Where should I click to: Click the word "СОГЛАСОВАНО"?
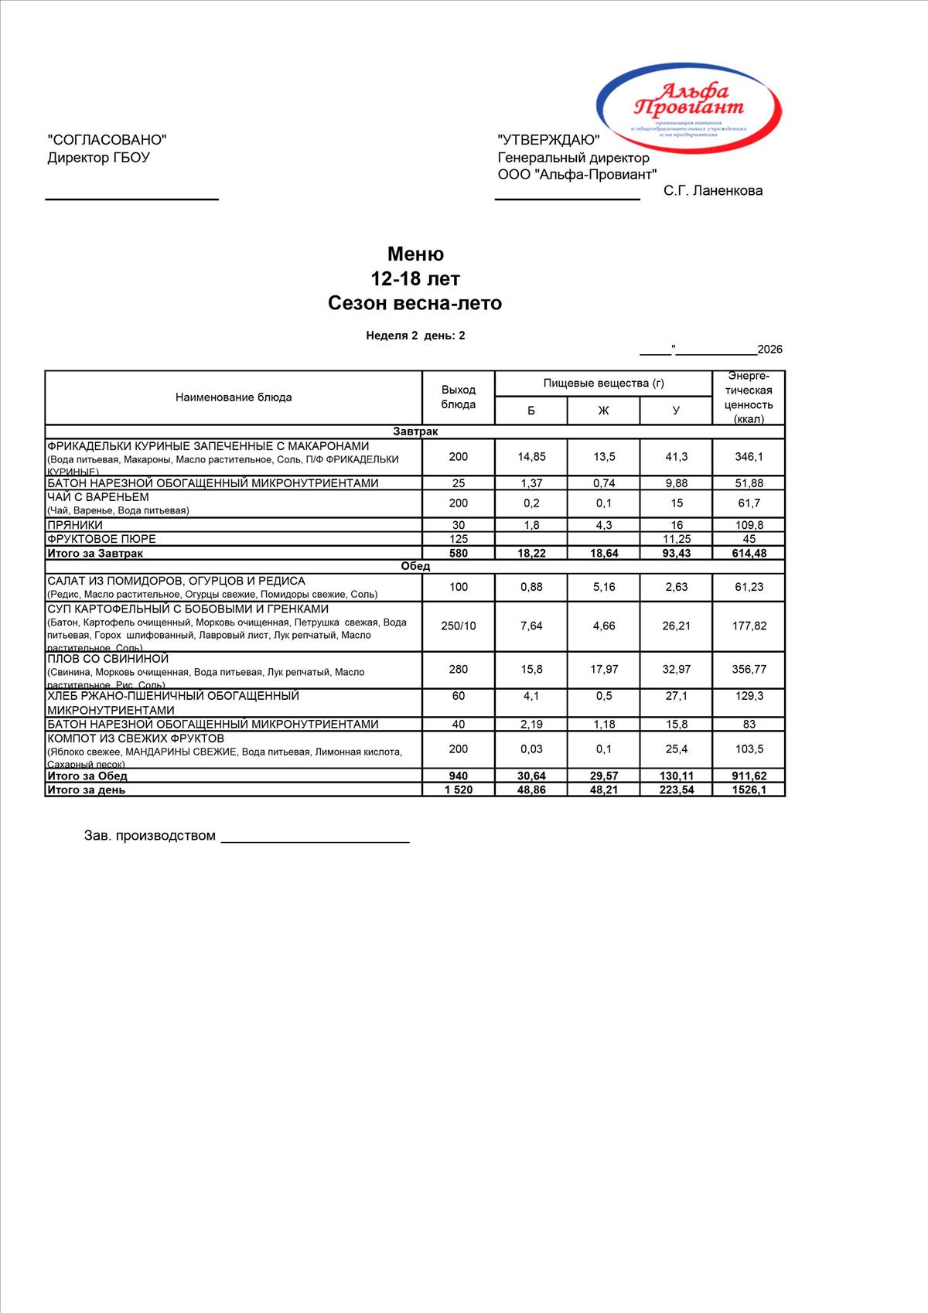[107, 140]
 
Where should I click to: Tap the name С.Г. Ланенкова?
[712, 191]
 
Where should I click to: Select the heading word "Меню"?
[415, 254]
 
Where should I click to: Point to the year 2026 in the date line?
[769, 350]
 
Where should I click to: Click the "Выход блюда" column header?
[458, 397]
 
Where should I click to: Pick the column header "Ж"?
[603, 411]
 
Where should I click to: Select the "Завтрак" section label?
[415, 431]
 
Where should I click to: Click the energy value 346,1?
[749, 457]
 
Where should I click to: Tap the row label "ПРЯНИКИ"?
[75, 525]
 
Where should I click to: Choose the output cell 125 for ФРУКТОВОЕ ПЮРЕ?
[458, 539]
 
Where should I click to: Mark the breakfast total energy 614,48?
[749, 554]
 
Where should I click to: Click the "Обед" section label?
[415, 566]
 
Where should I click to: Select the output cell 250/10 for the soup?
[458, 626]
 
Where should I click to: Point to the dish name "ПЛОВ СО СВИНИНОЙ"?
[108, 659]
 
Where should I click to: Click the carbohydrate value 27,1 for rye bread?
[676, 696]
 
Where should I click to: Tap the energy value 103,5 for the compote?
[749, 749]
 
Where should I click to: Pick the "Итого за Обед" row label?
[87, 776]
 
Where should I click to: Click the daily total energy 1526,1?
[749, 790]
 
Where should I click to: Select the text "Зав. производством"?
[150, 836]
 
